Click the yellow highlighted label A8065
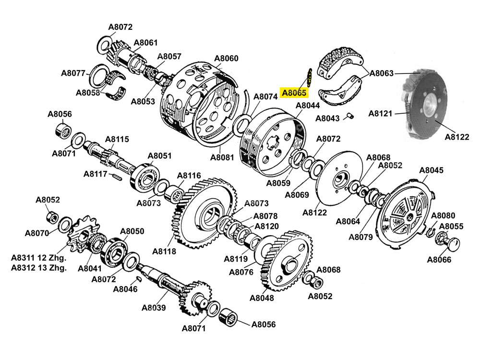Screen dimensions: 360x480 click(294, 93)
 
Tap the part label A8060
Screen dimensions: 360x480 click(226, 59)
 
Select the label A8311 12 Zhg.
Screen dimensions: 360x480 click(39, 258)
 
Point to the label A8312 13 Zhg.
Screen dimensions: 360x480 click(39, 268)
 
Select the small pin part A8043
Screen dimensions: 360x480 click(350, 115)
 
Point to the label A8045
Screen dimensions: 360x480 click(432, 170)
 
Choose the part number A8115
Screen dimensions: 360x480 click(117, 139)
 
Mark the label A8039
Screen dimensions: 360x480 click(154, 308)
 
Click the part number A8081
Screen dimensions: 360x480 click(222, 157)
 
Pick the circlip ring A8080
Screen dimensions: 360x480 click(430, 233)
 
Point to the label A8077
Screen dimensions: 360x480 click(73, 73)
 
